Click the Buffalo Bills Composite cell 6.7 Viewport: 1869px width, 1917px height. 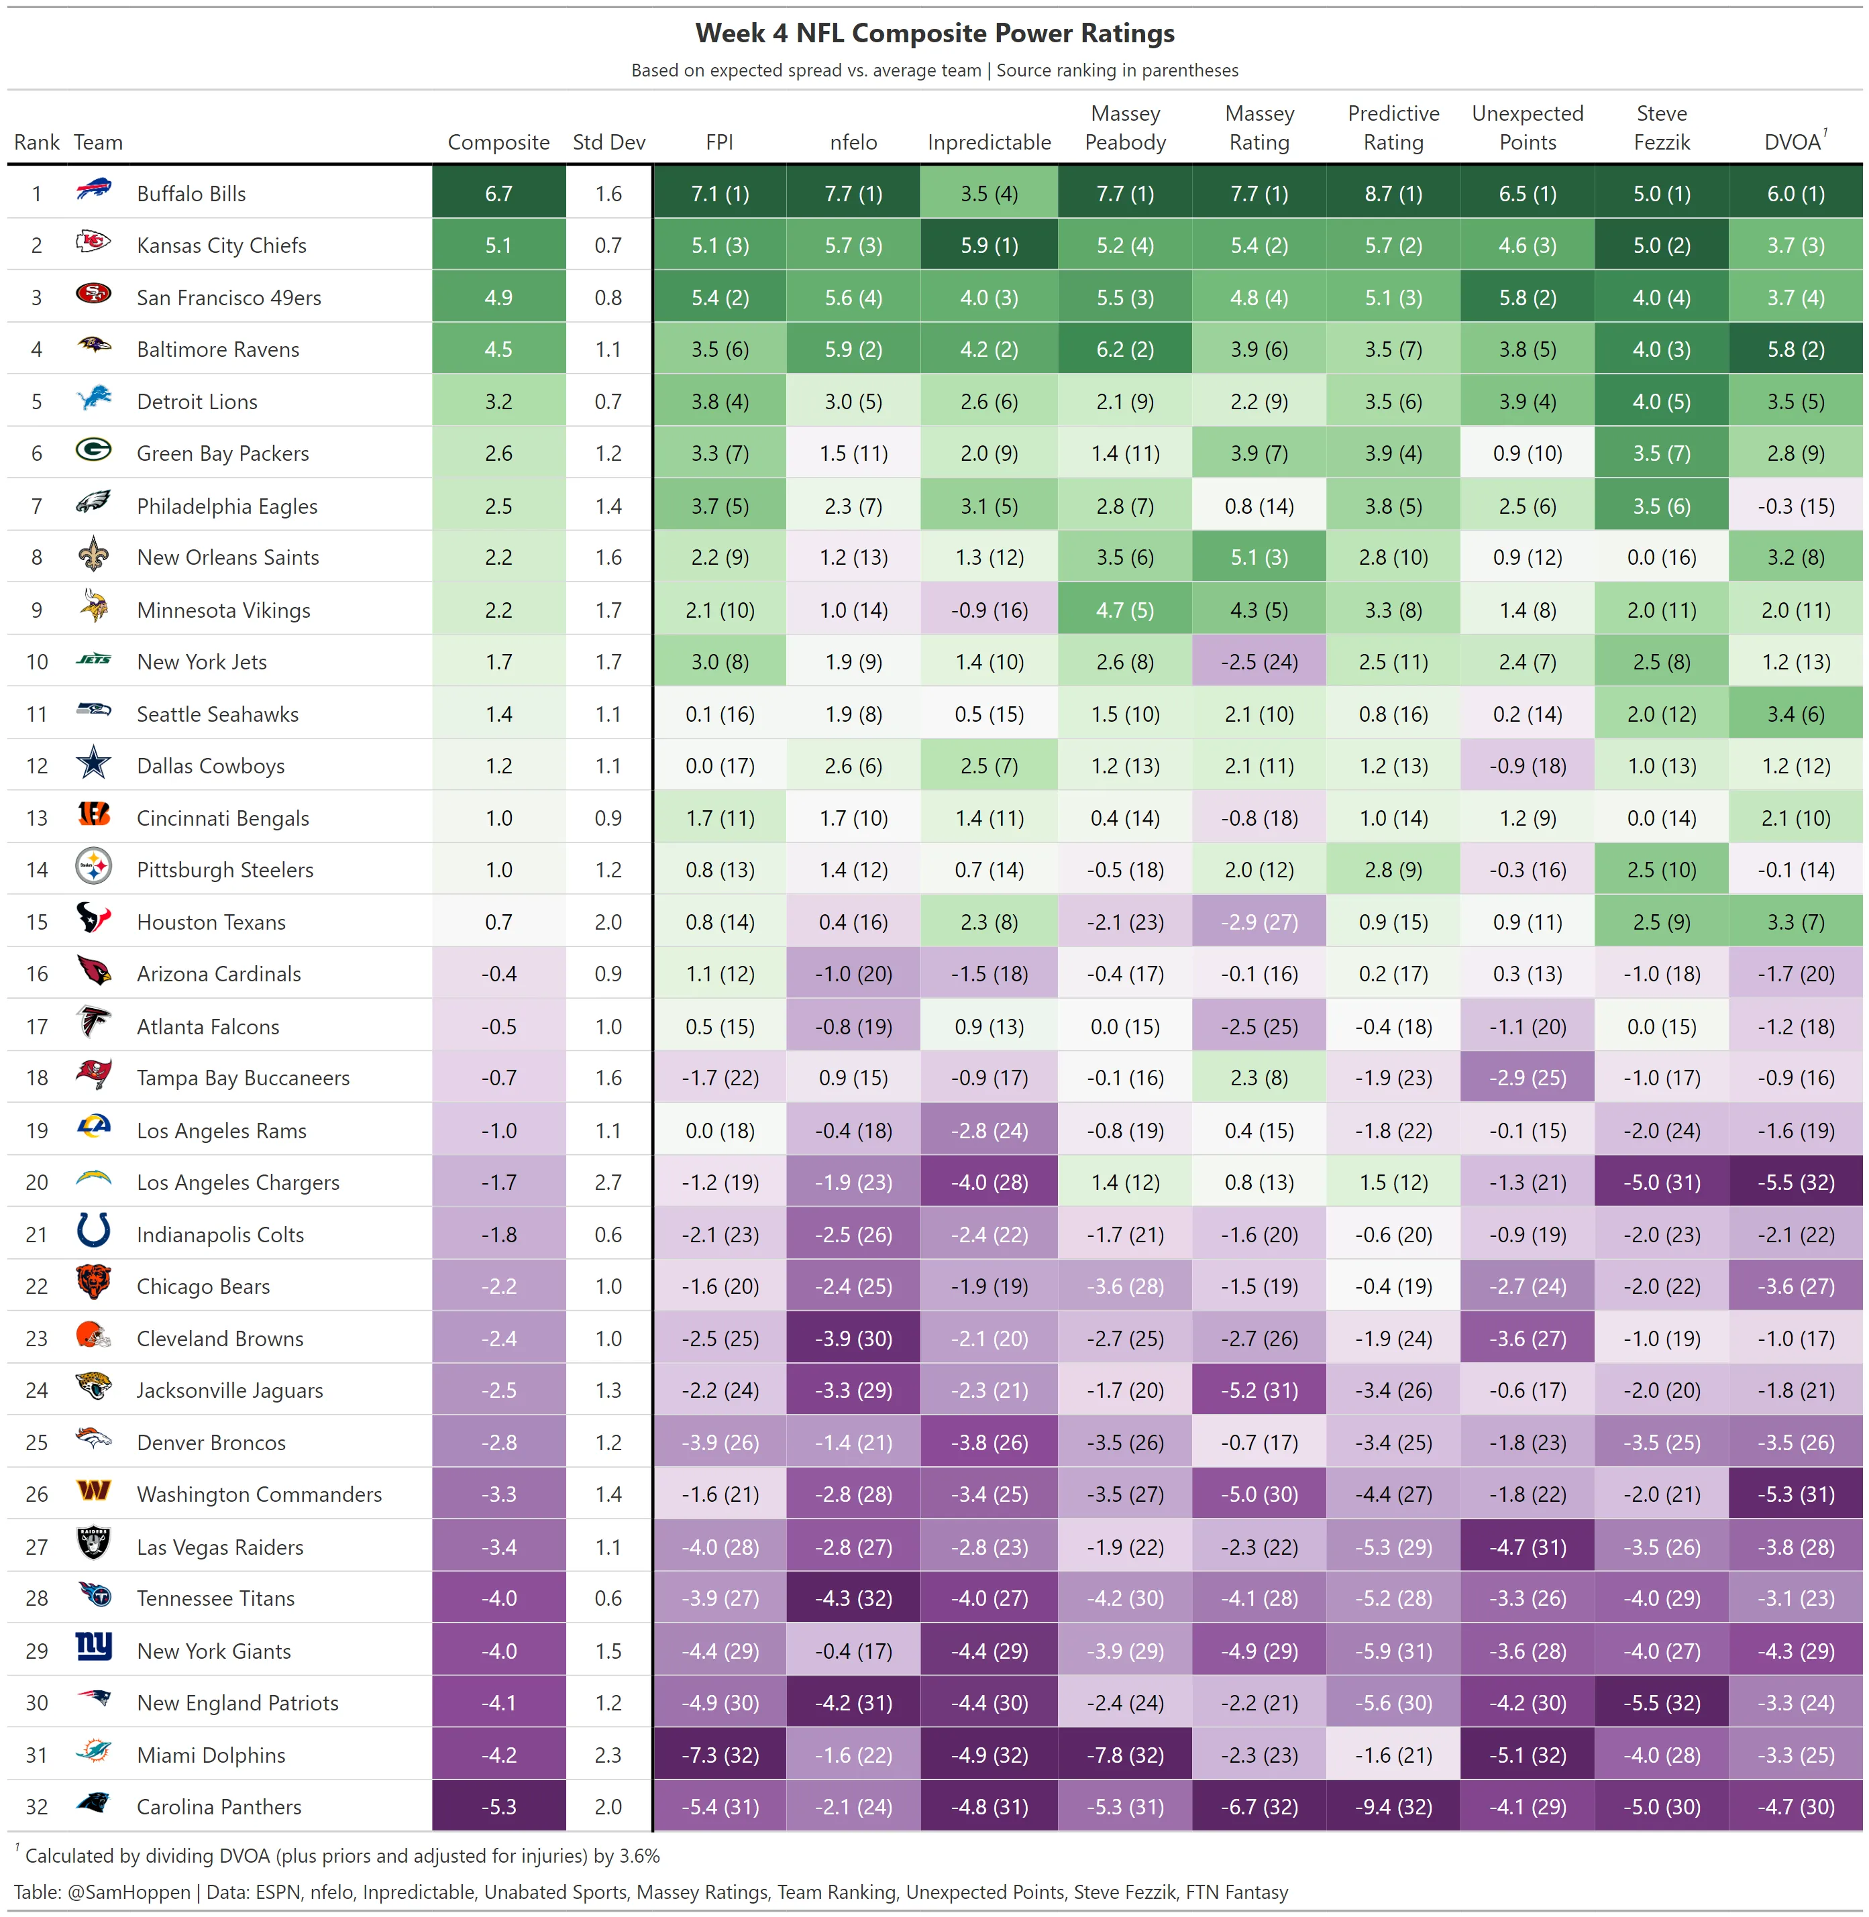pyautogui.click(x=498, y=193)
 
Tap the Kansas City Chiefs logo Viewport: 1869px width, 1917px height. pyautogui.click(x=93, y=241)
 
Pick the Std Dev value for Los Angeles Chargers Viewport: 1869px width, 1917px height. pyautogui.click(x=608, y=1183)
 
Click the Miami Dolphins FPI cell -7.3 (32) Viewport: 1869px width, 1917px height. pyautogui.click(x=720, y=1755)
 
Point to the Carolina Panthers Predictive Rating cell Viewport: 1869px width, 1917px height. pyautogui.click(x=1393, y=1807)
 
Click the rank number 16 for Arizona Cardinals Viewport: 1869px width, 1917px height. pyautogui.click(x=38, y=974)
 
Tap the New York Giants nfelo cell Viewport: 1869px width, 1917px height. pyautogui.click(x=853, y=1651)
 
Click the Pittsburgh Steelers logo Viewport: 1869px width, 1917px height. pyautogui.click(x=93, y=867)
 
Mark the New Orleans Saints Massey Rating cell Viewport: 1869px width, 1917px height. pyautogui.click(x=1259, y=557)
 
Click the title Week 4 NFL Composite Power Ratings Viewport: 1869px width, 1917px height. pyautogui.click(x=934, y=34)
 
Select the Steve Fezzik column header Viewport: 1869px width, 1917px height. pyautogui.click(x=1661, y=127)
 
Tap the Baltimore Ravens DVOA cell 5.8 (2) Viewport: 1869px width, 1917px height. pyautogui.click(x=1795, y=349)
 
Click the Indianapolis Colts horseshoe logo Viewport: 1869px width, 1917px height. pyautogui.click(x=93, y=1231)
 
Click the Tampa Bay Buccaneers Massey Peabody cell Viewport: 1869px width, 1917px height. pyautogui.click(x=1125, y=1078)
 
